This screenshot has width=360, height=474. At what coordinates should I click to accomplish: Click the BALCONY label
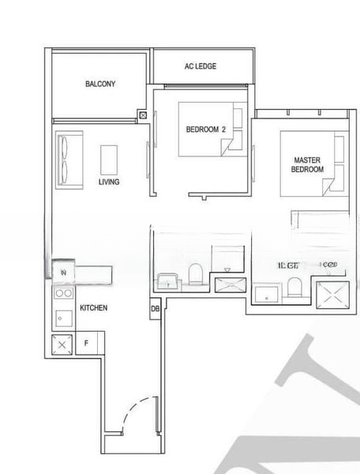[x=100, y=84]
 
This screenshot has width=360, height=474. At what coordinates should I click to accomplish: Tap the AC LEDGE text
[x=200, y=66]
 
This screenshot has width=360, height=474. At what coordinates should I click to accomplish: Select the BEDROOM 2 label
[x=205, y=130]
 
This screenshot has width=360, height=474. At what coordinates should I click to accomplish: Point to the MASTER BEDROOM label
[x=307, y=164]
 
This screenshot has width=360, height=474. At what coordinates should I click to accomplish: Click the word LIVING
[x=109, y=182]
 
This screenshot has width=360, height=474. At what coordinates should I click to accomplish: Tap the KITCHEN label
[x=94, y=307]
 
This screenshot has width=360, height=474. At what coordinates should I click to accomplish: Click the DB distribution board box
[x=155, y=309]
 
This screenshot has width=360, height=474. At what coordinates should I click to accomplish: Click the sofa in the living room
[x=66, y=160]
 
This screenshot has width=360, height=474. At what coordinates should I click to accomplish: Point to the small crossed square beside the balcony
[x=142, y=116]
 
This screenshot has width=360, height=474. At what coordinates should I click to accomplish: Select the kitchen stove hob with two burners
[x=62, y=294]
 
